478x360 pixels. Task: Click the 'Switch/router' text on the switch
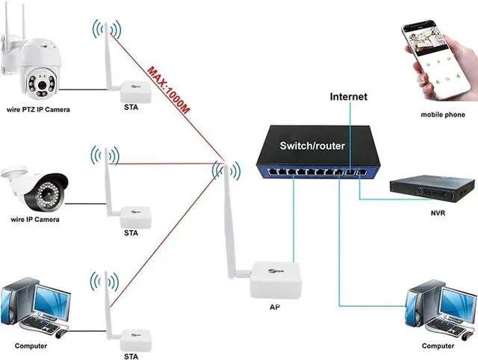click(314, 146)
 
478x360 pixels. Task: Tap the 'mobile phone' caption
click(442, 114)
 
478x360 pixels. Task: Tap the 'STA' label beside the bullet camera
click(131, 233)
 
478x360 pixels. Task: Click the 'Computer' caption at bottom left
click(31, 346)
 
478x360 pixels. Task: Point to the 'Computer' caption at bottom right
click(437, 346)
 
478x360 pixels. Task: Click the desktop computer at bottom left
click(34, 306)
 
